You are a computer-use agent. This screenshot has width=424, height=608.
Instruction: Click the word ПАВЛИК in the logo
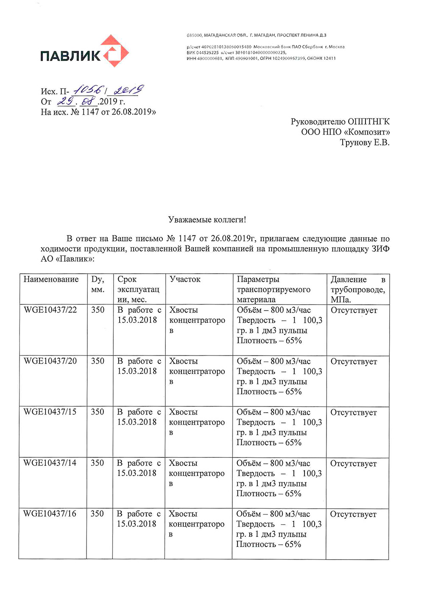coord(70,56)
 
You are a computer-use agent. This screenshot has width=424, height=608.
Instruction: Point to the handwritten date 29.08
coord(76,101)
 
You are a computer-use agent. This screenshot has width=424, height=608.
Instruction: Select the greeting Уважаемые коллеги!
coord(207,220)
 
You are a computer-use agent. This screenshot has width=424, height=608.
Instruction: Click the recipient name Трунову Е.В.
coord(364,143)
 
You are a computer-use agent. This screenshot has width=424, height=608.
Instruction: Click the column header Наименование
coord(51,279)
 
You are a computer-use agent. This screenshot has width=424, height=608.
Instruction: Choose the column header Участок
coord(185,279)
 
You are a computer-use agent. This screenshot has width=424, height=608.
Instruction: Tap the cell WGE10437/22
coord(50,310)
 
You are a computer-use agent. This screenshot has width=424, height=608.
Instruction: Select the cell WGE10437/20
coord(50,361)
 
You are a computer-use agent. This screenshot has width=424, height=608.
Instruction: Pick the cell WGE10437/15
coord(50,412)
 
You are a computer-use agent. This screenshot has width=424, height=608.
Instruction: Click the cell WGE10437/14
coord(50,463)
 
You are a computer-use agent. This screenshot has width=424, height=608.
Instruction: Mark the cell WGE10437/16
coord(50,514)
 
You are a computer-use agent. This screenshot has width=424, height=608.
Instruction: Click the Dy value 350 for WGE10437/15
coord(97,412)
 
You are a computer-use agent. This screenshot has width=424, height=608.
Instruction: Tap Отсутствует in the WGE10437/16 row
coord(353,514)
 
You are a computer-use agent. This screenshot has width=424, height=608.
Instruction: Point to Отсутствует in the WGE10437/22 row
coord(354,311)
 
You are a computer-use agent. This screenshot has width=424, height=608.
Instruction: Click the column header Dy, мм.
coord(98,284)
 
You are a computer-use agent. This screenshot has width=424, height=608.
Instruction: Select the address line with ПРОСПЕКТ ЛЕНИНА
coord(256,35)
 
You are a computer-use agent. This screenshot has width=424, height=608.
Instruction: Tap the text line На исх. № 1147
coord(98,112)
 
